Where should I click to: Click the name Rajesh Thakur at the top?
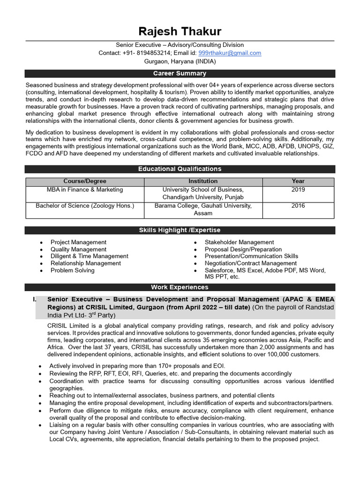tap(180, 31)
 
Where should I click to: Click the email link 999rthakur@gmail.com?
tap(230, 53)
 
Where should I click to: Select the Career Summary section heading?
tap(180, 74)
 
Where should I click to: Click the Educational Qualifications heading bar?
tap(180, 169)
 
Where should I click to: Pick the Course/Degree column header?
tap(85, 181)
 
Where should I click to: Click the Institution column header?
tap(203, 181)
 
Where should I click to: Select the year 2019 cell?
tap(298, 190)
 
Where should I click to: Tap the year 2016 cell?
tap(298, 206)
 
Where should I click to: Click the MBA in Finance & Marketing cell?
tap(85, 190)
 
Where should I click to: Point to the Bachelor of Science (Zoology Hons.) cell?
tap(85, 206)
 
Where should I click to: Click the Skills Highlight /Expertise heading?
tap(180, 230)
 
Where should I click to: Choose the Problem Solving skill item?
tap(72, 270)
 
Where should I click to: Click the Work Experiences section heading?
tap(180, 287)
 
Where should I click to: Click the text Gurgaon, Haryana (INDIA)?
tap(180, 61)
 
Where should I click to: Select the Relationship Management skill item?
tap(85, 263)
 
